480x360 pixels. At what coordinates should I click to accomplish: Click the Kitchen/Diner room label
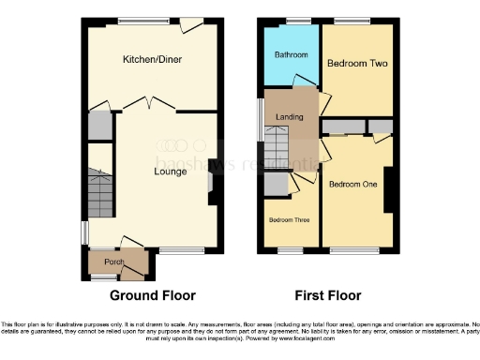coord(152,60)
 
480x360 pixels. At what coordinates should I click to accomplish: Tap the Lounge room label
coord(170,172)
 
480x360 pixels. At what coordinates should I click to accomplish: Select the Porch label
coord(114,262)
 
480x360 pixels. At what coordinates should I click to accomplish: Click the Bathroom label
coord(291,55)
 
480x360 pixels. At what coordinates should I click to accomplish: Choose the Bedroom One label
coord(352,185)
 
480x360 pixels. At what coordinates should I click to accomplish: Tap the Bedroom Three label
coord(290,220)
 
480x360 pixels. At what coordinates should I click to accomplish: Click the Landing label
coord(287,116)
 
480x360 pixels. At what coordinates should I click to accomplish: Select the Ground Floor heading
coord(152,295)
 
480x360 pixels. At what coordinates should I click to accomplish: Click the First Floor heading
coord(329,295)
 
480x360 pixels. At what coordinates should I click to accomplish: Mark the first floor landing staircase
coord(276,146)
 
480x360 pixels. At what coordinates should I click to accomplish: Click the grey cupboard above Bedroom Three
coord(277,185)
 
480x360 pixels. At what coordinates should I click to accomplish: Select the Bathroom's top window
coord(298,21)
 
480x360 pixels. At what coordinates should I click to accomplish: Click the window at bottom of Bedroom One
coord(359,250)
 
